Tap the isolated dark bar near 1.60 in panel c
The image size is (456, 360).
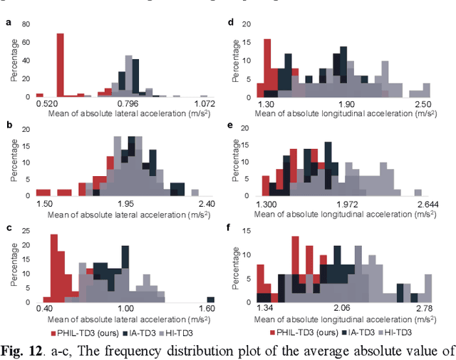pyautogui.click(x=210, y=299)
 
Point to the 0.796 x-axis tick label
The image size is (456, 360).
pyautogui.click(x=130, y=104)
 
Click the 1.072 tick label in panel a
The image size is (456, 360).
pyautogui.click(x=204, y=104)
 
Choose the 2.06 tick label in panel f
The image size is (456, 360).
pyautogui.click(x=342, y=308)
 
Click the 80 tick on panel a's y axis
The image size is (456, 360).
pyautogui.click(x=26, y=24)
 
